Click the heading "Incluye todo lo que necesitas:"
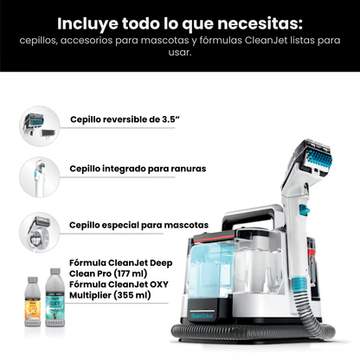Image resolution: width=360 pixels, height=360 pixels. tap(179, 21)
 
